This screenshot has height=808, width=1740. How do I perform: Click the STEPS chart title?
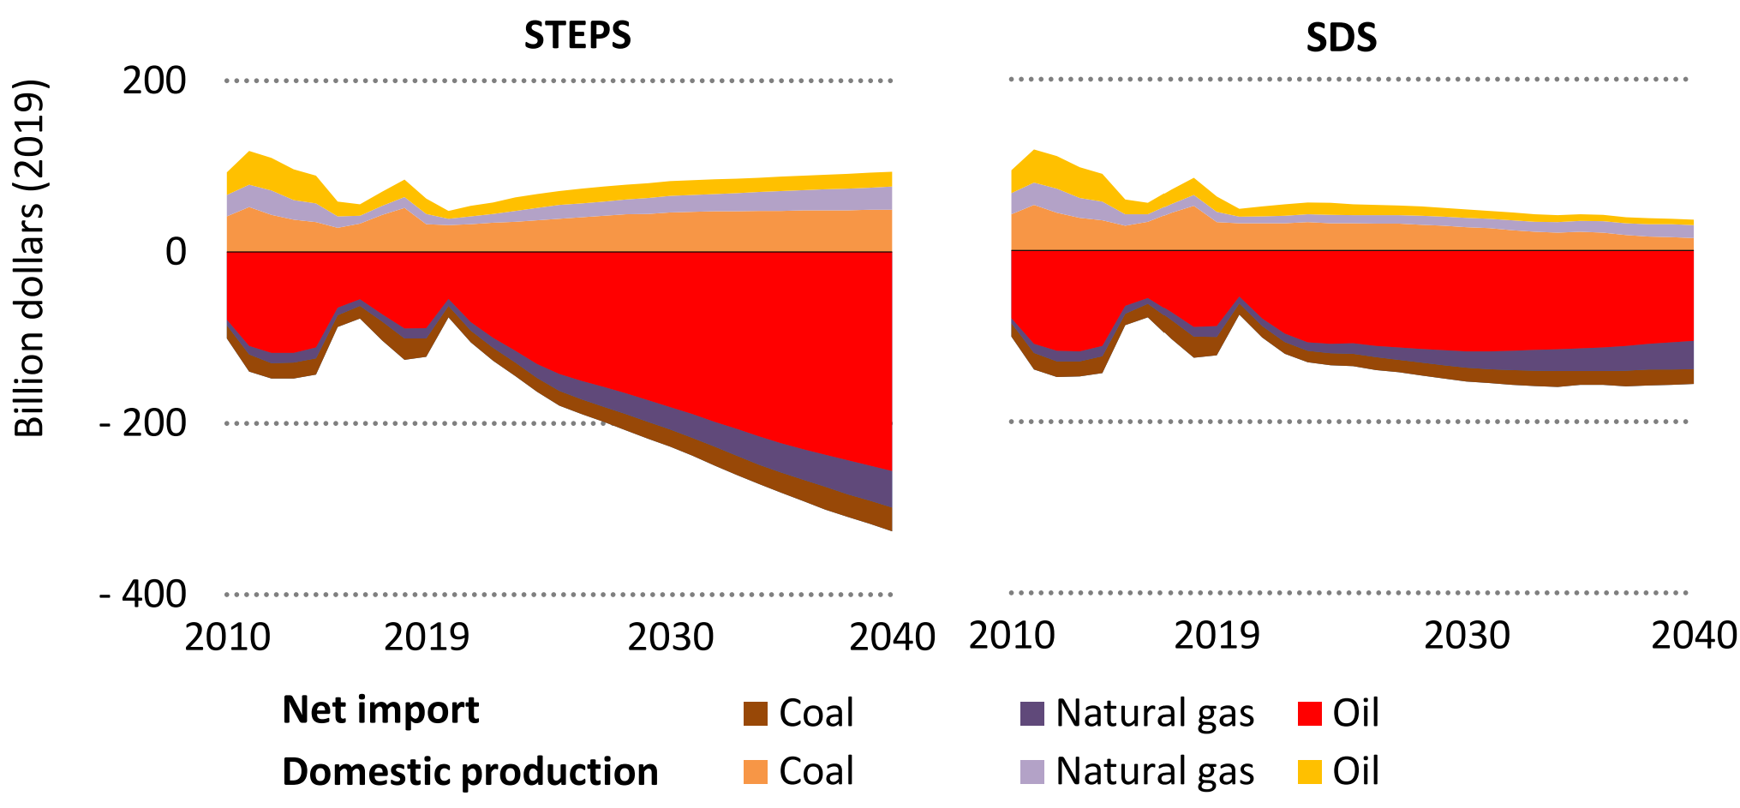click(577, 36)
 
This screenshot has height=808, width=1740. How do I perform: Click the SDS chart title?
click(1341, 39)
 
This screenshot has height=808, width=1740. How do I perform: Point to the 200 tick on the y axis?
click(154, 81)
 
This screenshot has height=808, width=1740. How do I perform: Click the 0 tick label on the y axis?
click(176, 252)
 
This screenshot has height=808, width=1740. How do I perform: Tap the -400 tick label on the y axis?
click(143, 594)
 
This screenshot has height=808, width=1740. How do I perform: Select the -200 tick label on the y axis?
click(143, 423)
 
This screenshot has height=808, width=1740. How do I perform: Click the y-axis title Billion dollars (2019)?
click(30, 257)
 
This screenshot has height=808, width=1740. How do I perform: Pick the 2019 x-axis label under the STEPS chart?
click(426, 637)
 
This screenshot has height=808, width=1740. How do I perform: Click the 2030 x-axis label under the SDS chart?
click(1467, 636)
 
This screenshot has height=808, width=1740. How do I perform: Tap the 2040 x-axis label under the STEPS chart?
click(892, 637)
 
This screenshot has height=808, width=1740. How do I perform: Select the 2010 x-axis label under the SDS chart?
click(1012, 636)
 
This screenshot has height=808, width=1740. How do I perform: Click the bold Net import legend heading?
click(380, 710)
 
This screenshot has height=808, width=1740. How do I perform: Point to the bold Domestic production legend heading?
click(469, 772)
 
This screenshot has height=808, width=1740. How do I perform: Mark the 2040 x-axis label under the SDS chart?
click(1694, 636)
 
